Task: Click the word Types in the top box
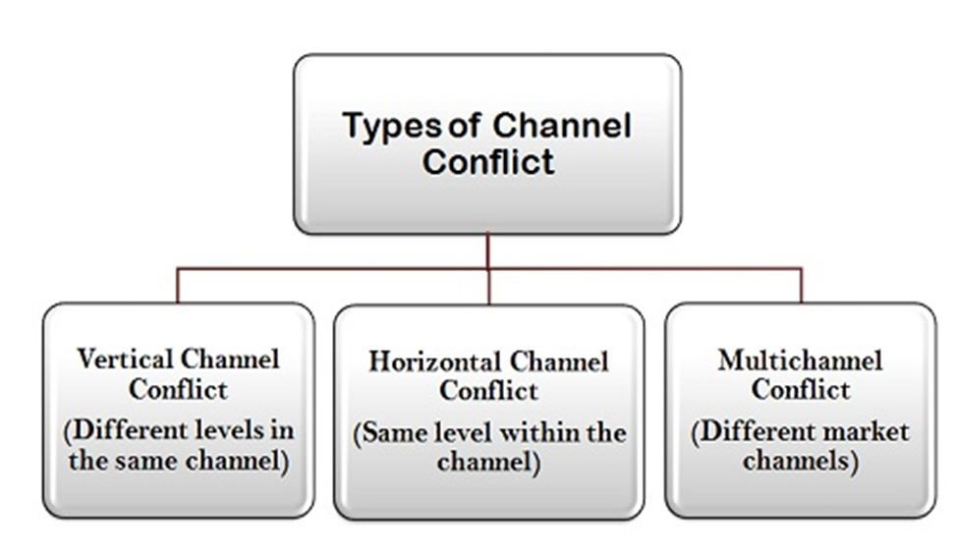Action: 392,128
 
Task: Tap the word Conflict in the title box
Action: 488,162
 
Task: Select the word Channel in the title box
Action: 561,126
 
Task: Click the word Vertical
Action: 125,359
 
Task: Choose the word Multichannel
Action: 800,360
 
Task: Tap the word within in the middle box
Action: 538,433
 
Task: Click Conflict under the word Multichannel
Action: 800,390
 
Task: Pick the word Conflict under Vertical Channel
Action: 178,390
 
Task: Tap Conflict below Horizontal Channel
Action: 489,391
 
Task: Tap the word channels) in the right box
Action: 800,461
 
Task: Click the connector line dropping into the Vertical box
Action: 178,286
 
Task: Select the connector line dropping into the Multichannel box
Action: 801,286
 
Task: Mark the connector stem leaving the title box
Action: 487,251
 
